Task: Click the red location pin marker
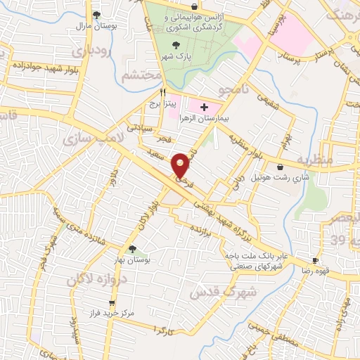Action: (181, 165)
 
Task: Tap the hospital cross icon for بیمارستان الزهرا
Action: (204, 107)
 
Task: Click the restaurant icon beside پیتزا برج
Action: (163, 91)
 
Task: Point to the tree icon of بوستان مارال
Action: (97, 14)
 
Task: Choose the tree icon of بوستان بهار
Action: (132, 248)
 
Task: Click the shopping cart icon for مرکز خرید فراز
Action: (111, 303)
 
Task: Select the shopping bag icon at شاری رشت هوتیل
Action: (281, 167)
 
